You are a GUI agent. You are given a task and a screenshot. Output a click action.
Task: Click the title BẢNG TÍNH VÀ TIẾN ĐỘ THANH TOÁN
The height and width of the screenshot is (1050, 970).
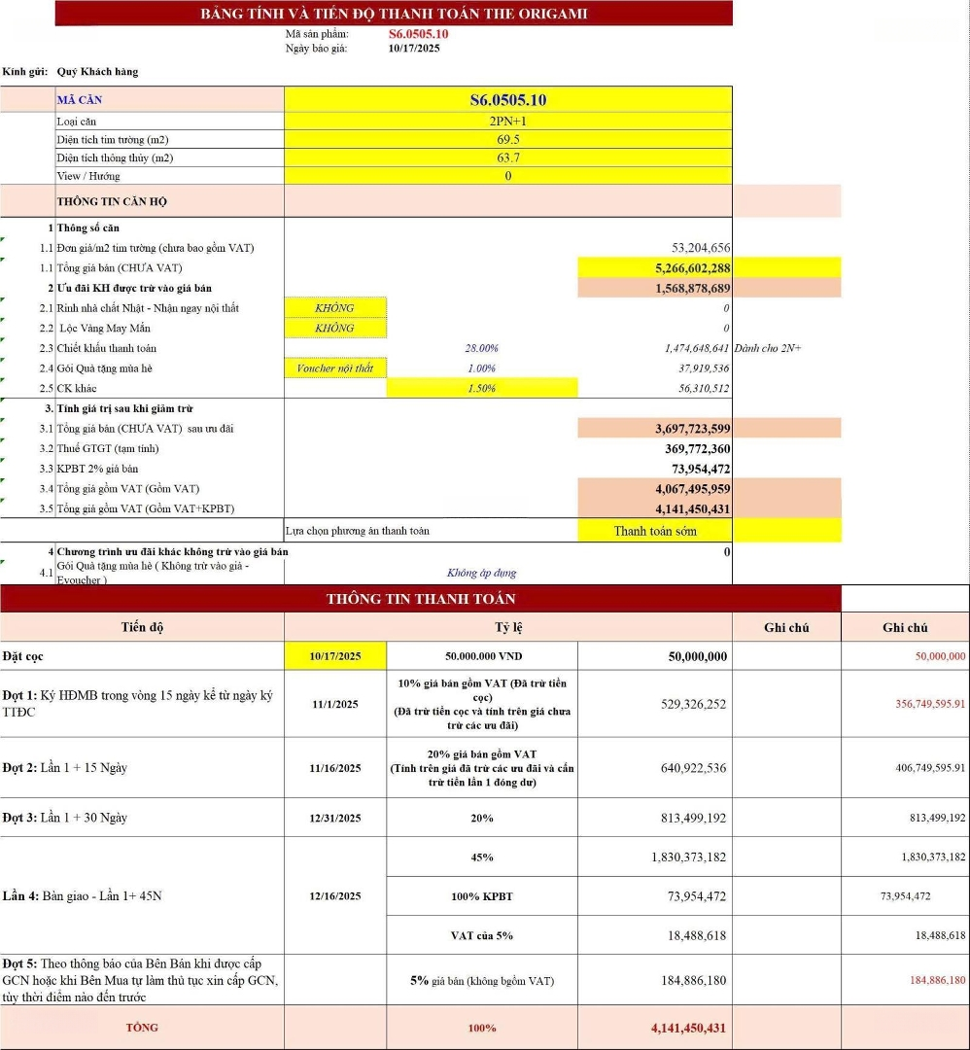[394, 14]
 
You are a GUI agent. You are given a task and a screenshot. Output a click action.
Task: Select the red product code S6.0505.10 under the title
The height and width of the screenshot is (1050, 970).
[418, 34]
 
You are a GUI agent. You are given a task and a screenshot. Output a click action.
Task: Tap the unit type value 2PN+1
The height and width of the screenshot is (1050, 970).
[507, 122]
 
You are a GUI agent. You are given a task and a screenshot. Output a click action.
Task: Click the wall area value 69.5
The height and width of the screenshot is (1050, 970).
[507, 140]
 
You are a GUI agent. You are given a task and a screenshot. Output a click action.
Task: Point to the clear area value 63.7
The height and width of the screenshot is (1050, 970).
[507, 157]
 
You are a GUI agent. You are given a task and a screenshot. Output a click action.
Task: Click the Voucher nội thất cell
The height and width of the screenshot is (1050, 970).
[335, 368]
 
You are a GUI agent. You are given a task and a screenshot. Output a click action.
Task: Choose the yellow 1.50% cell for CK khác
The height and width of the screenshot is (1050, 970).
[482, 388]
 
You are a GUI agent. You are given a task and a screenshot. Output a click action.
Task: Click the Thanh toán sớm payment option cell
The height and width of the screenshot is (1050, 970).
[655, 531]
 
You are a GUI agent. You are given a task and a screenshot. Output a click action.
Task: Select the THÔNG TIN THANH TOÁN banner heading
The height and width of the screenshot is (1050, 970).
[421, 599]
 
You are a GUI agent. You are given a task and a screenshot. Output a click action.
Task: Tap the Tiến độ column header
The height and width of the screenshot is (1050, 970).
[142, 627]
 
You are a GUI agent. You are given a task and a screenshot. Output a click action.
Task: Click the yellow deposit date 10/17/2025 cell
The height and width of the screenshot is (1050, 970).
[335, 656]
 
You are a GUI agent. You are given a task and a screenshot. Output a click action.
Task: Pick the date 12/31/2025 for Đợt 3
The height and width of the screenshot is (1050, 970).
[335, 818]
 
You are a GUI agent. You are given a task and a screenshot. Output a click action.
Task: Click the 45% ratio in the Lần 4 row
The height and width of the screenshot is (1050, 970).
[482, 857]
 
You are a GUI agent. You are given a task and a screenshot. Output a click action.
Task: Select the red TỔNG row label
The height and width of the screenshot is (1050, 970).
[142, 1028]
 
